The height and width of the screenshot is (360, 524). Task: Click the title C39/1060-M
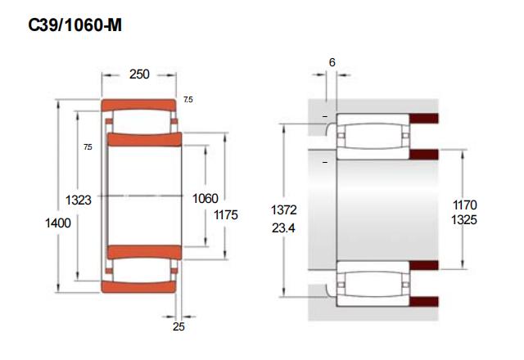click(75, 25)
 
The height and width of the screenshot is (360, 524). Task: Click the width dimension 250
click(139, 74)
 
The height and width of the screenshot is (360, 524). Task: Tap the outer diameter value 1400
click(58, 223)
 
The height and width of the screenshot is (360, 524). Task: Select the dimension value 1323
click(79, 200)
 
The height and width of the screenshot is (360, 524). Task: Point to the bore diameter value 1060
click(206, 198)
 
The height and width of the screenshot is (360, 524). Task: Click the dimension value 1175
click(226, 214)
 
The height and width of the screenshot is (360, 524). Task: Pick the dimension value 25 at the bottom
click(178, 326)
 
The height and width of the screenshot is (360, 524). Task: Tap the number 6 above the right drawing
click(332, 62)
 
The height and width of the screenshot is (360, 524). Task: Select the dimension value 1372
click(284, 210)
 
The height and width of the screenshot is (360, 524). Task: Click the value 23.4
click(283, 228)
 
